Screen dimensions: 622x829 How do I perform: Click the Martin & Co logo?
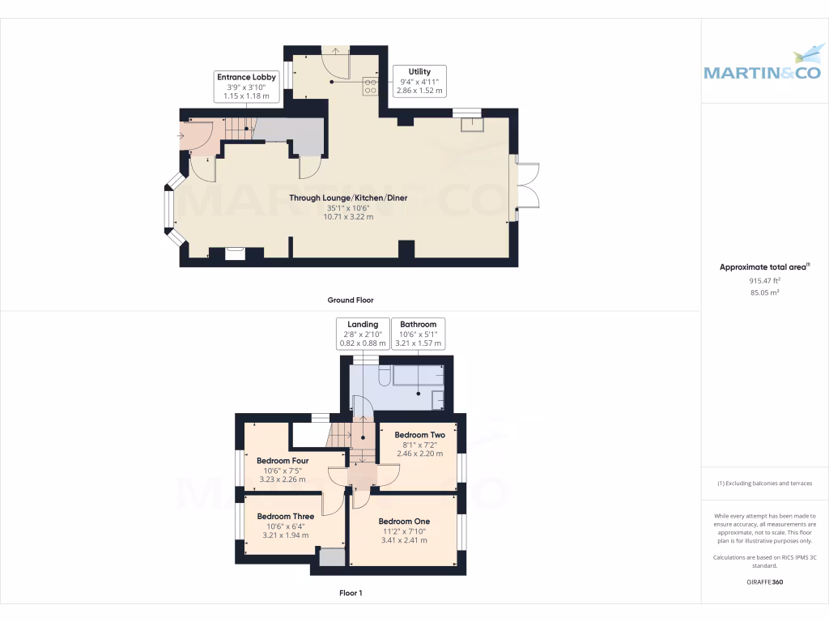(x=764, y=65)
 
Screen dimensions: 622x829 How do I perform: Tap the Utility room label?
(x=419, y=71)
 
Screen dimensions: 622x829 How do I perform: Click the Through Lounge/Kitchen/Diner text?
(x=348, y=198)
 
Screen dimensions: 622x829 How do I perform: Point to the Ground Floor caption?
(x=351, y=300)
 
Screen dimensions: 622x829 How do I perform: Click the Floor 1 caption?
(x=351, y=593)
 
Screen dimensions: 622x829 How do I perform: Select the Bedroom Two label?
(x=419, y=435)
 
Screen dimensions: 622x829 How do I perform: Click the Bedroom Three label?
(x=285, y=516)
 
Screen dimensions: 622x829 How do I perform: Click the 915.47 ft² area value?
(x=764, y=280)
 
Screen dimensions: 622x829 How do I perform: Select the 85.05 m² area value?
(x=764, y=292)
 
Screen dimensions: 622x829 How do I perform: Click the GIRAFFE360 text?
(x=764, y=582)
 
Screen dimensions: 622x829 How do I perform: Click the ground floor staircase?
(x=238, y=127)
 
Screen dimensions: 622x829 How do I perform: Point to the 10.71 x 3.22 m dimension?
(x=348, y=217)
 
